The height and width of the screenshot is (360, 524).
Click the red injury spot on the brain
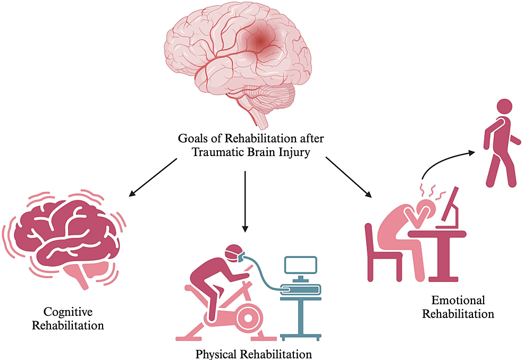coord(260,41)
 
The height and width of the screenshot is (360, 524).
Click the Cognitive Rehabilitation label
coord(67,318)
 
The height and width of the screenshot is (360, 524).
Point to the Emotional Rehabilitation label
coord(458,307)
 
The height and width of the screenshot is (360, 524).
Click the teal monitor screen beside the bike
coord(300,265)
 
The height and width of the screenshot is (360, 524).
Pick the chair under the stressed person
coord(379,255)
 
